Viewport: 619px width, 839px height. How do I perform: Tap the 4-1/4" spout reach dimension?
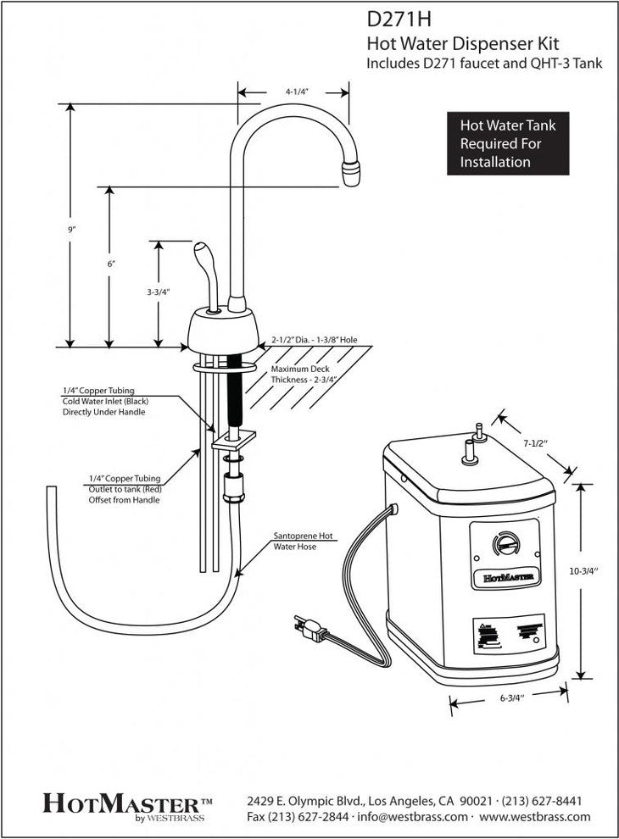[x=295, y=91]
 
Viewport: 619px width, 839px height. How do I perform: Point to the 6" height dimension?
[x=111, y=264]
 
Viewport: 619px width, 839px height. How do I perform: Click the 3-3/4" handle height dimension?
[x=159, y=292]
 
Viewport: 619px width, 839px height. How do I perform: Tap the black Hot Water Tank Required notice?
[x=508, y=143]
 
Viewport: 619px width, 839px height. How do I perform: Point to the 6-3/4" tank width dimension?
[x=509, y=698]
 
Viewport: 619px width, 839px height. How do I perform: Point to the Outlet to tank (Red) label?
[x=124, y=489]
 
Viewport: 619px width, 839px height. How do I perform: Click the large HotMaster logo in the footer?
[x=127, y=802]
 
